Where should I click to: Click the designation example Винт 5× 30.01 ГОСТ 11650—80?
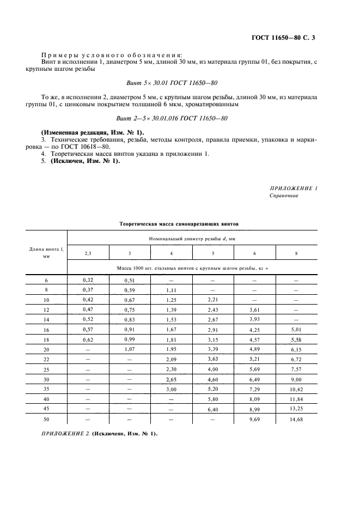pos(172,82)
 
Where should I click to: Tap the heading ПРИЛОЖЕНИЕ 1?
pos(294,188)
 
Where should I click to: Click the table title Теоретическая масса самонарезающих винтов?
pos(179,223)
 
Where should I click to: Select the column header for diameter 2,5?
pos(88,253)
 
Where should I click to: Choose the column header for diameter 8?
pos(296,253)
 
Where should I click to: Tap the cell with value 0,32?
pos(88,280)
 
